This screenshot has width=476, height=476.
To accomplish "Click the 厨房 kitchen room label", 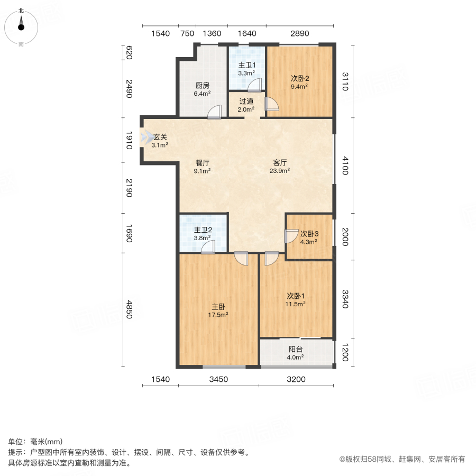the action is coord(203,86).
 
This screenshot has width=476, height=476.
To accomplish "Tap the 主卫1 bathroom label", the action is coord(247,65).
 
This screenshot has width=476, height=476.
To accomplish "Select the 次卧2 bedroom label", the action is coord(300,78).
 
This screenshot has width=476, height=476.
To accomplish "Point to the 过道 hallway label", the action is coord(246,102).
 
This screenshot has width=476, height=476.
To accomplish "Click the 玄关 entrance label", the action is coord(160,137).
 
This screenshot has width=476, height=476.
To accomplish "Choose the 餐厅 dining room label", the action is coord(203,163).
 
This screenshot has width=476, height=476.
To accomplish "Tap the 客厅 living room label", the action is coord(280,163).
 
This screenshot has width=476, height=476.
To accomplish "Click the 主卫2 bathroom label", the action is coord(203,230).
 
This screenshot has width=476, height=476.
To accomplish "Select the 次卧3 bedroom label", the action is coord(309,234).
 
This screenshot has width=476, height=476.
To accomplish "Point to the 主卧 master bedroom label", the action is coord(218,307).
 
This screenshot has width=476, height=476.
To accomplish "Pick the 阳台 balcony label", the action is coord(295,350).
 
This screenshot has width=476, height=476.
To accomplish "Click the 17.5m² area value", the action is coord(218,315).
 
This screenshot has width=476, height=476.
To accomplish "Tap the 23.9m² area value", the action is coord(280,171).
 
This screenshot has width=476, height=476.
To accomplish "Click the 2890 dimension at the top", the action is coord(300,33).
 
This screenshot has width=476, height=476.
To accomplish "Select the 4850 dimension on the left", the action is coord(130,309).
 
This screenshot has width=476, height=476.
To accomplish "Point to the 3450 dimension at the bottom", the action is coord(218,379).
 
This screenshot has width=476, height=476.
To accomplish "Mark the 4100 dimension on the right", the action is coord(345,166).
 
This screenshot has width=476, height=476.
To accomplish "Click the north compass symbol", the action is coord(21,24).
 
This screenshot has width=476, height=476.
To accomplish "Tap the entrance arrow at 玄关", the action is coord(148,137).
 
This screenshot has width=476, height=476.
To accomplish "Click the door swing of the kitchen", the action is coord(214,112).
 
